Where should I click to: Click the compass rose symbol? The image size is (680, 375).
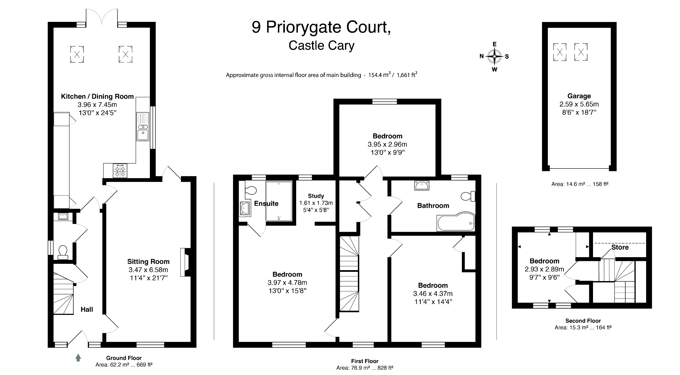coord(494,56)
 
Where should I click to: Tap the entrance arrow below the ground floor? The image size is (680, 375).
coord(78,357)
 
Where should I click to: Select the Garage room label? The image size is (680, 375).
coord(579,96)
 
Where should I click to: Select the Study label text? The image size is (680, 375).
coord(316,196)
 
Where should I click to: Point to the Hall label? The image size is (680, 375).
coord(87,309)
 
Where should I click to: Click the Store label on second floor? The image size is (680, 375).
coord(620,247)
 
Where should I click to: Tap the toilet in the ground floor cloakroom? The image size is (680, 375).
coord(63,252)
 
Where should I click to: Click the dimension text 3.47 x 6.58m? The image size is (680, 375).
coord(148,270)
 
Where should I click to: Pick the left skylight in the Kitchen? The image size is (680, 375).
coord(77,54)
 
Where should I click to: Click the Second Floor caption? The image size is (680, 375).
coord(583,321)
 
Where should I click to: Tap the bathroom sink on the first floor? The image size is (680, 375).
coord(422,185)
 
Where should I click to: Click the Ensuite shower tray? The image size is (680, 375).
coord(279,201)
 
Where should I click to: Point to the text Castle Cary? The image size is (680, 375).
coord(321,45)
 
